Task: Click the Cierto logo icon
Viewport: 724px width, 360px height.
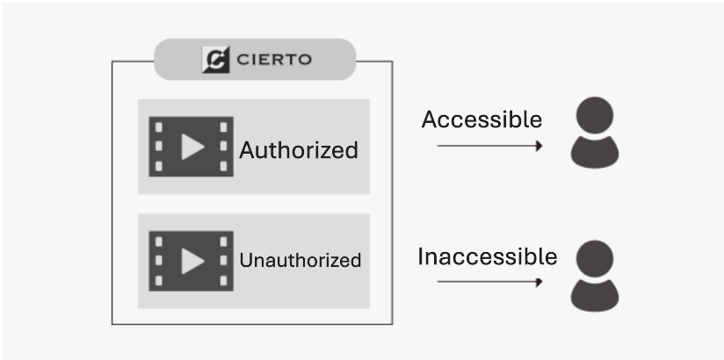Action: tap(216, 60)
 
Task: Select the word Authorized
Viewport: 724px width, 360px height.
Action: tap(299, 150)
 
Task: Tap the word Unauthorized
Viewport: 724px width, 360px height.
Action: tap(300, 260)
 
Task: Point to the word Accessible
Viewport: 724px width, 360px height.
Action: tap(481, 119)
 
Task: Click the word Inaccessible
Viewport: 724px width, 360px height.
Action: tap(487, 256)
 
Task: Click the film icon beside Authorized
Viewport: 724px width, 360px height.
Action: tap(191, 147)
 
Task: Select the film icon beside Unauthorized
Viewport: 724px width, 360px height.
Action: tap(191, 261)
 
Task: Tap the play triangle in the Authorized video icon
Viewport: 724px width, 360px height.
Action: tap(192, 147)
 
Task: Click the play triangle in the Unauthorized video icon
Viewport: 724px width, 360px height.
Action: tap(192, 261)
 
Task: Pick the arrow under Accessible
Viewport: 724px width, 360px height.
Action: tap(489, 145)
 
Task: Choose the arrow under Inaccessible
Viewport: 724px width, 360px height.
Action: tap(489, 282)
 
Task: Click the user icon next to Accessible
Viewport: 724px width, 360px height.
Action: tap(595, 134)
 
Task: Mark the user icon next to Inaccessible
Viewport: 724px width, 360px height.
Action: tap(595, 277)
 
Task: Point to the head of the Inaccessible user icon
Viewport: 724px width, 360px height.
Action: tap(595, 258)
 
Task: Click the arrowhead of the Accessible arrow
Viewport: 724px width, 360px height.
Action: tap(538, 145)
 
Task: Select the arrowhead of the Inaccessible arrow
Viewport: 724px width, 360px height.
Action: tap(538, 282)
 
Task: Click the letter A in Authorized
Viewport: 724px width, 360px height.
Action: tap(248, 150)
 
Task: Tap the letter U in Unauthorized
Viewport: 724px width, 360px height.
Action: tap(245, 260)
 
